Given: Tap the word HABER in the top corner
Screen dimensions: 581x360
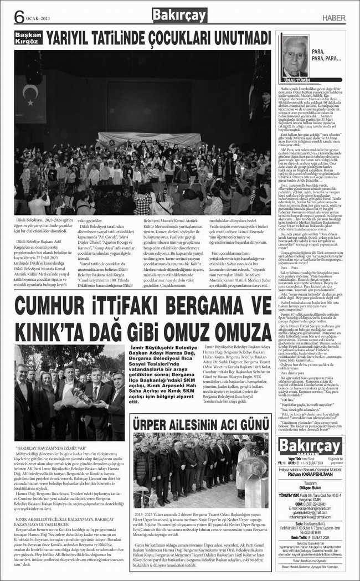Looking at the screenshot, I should click(333, 17).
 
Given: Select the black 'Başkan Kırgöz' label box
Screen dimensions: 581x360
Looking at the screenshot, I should click(28, 38).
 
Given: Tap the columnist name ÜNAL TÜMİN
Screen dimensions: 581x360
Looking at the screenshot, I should click(294, 80).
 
